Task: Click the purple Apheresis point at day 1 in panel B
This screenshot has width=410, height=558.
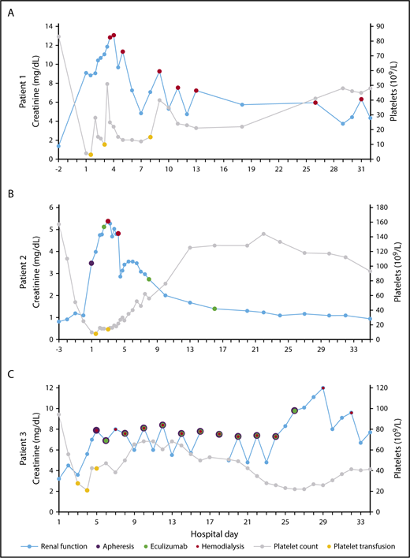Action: pos(91,263)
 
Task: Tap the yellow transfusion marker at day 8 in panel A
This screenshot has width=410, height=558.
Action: pos(151,137)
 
